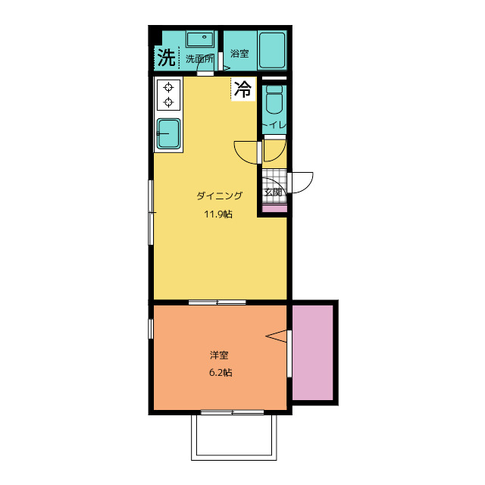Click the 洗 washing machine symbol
coord(167,58)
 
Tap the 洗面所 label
coord(199,59)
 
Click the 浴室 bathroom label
coord(239,53)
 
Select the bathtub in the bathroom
coord(272,50)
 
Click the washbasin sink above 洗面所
coord(200,39)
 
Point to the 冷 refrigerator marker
coord(242,89)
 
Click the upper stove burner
coord(168,88)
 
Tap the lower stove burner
coord(168,102)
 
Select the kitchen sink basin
coord(168,133)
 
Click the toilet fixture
coord(274,99)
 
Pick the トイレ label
coord(274,125)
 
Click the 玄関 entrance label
coord(273,192)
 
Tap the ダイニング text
coord(220,196)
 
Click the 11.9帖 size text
coord(218,214)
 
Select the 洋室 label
coord(219,355)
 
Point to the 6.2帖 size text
coord(221,372)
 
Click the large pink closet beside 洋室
coord(313,352)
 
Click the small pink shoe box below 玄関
coord(274,208)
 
